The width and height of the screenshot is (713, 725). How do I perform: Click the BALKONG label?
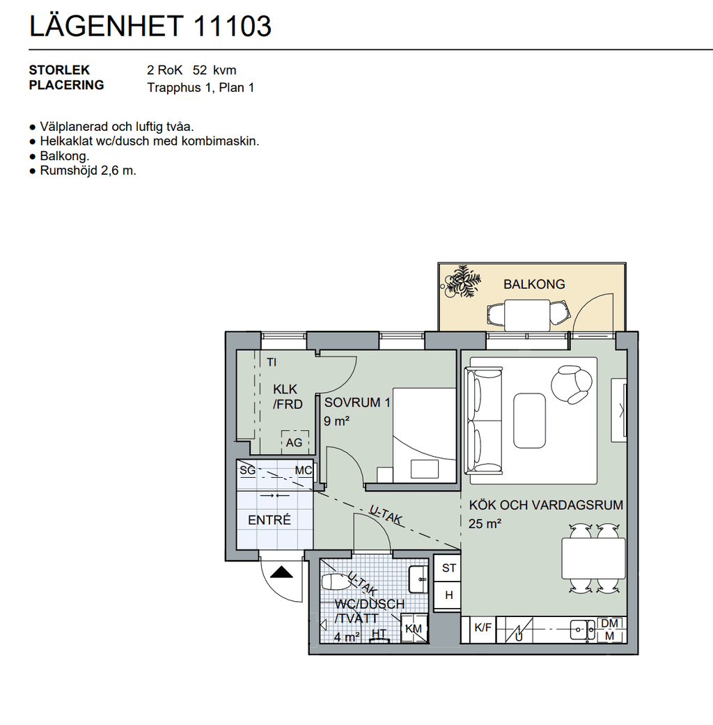click(534, 284)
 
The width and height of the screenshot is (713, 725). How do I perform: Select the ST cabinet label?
click(449, 568)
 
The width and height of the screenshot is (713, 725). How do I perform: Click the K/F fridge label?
click(483, 627)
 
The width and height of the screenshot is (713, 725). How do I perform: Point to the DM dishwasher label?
click(609, 623)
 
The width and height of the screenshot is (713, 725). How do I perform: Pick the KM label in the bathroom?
click(414, 629)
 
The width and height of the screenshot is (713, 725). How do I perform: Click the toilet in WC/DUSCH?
click(336, 582)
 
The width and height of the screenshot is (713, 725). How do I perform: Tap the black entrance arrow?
click(281, 572)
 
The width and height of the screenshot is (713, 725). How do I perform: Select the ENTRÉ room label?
click(269, 520)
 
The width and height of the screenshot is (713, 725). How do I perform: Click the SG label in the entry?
click(247, 471)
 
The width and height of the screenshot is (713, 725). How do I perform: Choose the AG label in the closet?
click(294, 442)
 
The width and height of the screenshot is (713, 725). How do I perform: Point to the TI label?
click(272, 362)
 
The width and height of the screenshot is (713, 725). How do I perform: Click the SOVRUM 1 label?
click(357, 403)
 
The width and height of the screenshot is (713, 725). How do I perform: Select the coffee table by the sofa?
click(529, 421)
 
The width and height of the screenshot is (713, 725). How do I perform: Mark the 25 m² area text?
click(485, 524)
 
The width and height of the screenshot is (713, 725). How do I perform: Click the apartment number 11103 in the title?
click(232, 26)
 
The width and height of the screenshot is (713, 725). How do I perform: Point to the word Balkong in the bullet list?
click(64, 156)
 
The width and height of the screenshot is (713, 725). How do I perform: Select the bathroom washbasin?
click(419, 579)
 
